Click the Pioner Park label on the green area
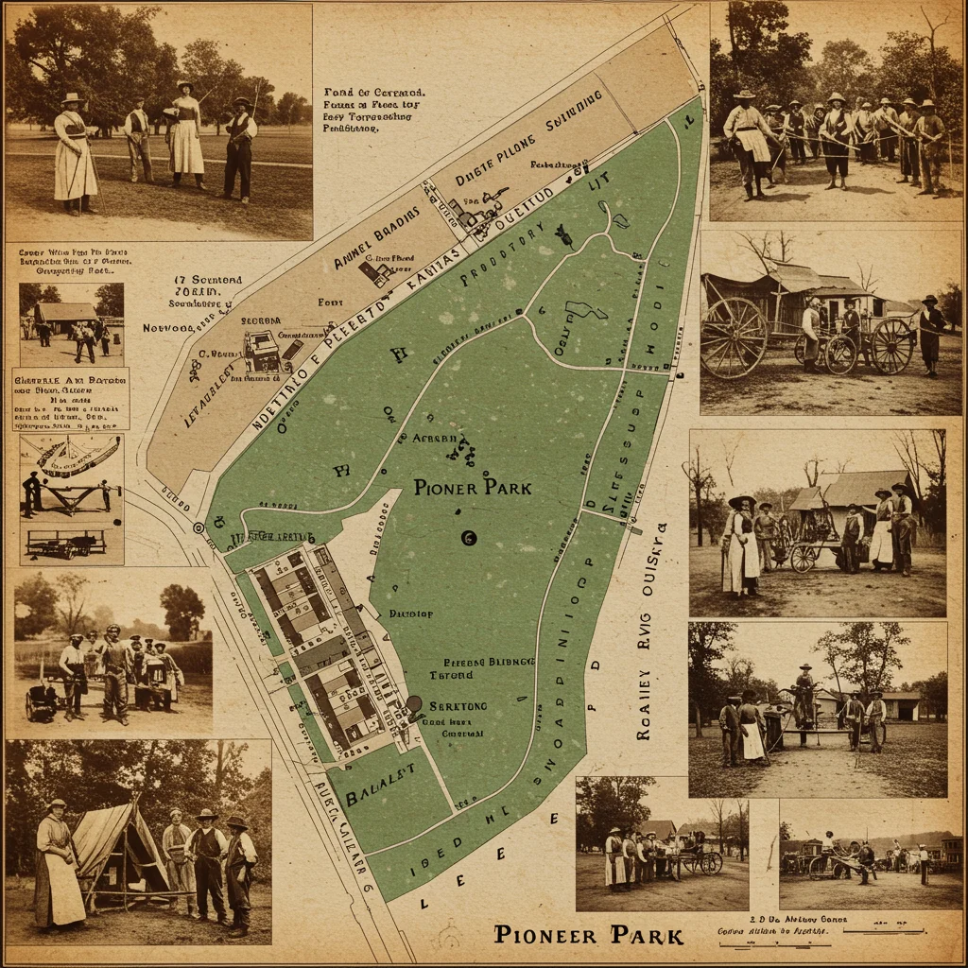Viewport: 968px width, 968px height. [x=473, y=488]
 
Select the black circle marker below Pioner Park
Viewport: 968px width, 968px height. [x=467, y=538]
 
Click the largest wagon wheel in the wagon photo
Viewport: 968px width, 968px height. [x=734, y=337]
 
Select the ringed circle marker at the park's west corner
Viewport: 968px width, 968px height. [x=199, y=527]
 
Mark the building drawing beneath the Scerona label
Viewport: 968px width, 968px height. [x=263, y=353]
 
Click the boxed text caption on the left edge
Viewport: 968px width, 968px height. [x=70, y=399]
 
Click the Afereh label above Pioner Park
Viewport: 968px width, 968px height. [x=435, y=439]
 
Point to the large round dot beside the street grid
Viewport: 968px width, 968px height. [x=413, y=703]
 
